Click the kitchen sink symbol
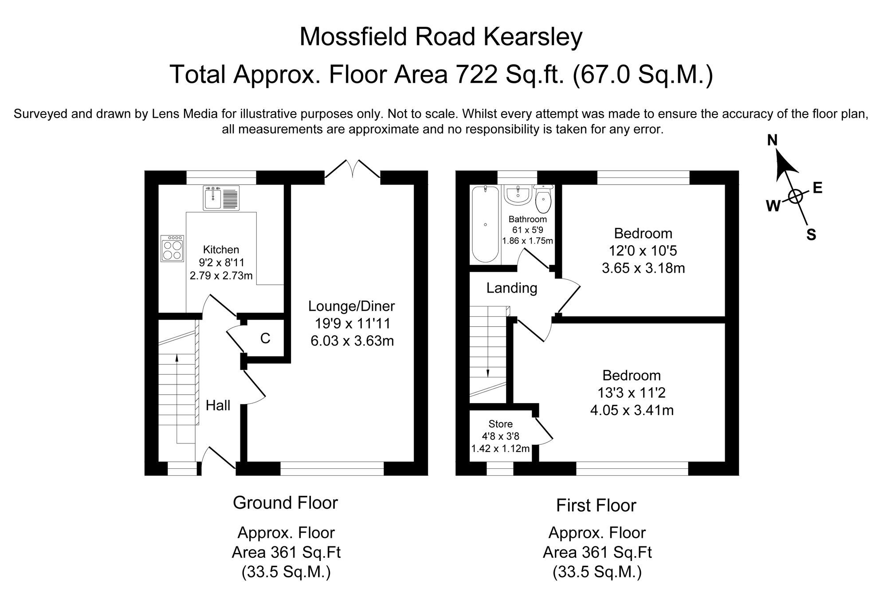pos(221,198)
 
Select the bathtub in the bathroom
pos(485,224)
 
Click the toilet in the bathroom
pos(543,200)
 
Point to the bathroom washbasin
pos(517,195)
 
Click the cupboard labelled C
pos(265,339)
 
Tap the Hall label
pos(218,405)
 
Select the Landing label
pos(512,288)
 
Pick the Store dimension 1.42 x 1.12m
pos(500,448)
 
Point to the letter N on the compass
pos(772,141)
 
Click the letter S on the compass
pos(811,235)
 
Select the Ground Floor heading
pos(285,502)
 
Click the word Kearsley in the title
pos(532,37)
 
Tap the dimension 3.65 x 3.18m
pos(643,268)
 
